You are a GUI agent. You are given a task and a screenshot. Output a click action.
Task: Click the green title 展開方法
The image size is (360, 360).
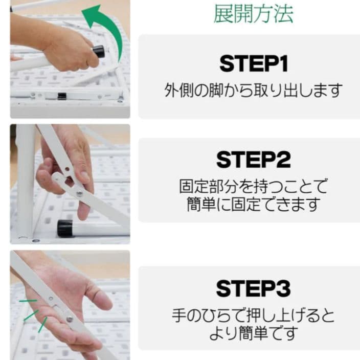254,14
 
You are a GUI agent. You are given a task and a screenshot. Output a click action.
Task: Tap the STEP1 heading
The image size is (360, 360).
254,64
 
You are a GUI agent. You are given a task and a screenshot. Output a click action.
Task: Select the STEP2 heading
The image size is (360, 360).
254,160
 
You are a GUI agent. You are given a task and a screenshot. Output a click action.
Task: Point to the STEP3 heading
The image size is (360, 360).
254,288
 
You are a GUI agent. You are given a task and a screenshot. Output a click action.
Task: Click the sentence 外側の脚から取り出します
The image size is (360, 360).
253,91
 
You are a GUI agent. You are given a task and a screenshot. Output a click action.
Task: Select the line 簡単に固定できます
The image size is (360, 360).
253,205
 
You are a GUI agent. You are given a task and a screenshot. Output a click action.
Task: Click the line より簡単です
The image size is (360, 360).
253,334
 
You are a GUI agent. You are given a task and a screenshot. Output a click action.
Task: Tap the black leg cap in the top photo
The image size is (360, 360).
98,52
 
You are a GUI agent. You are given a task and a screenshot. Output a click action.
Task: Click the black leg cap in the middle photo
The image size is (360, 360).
65,228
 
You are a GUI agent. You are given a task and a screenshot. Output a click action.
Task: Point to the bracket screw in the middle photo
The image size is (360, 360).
79,193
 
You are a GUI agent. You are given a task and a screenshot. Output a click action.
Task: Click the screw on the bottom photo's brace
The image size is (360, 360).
69,319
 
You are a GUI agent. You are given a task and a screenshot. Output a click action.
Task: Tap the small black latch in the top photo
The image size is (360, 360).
62,96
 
